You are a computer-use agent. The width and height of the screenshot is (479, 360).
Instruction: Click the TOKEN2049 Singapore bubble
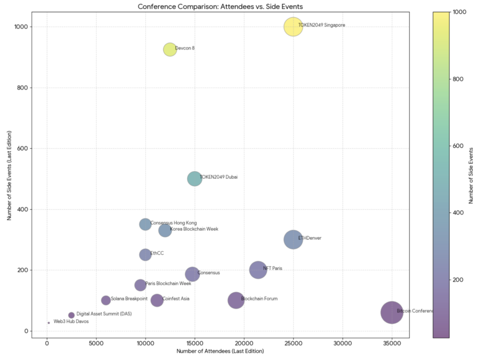(293, 27)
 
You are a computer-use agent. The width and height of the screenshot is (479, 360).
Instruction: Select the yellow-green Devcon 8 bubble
(170, 50)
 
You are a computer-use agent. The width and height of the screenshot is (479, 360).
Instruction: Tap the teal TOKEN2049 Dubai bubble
(195, 178)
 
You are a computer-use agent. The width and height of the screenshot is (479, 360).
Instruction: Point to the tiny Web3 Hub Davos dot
(49, 323)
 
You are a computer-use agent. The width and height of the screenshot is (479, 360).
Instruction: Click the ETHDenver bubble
(293, 240)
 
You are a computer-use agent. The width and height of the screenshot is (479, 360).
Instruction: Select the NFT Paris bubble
(258, 270)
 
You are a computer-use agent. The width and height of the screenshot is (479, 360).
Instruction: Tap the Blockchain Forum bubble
(236, 300)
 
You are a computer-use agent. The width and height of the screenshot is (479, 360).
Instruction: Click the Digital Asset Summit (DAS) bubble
(72, 315)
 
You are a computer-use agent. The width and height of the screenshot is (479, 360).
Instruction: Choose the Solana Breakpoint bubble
(106, 300)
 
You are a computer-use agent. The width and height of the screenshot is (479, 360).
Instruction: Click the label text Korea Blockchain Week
(194, 229)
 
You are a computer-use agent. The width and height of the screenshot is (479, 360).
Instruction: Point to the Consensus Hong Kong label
(174, 223)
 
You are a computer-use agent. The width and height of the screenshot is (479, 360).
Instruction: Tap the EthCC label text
(157, 253)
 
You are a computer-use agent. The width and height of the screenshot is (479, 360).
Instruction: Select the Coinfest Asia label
(175, 299)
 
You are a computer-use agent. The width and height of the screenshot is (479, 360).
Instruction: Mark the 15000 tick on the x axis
(195, 343)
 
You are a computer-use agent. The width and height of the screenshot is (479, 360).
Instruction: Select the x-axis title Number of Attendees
(220, 351)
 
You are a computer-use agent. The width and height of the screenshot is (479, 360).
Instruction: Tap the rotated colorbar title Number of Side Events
(471, 175)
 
